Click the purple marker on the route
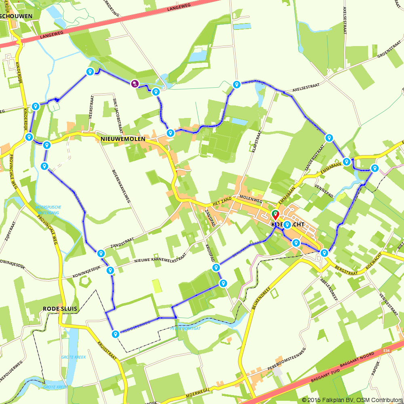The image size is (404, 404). pyautogui.click(x=135, y=84)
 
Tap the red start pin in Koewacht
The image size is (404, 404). pyautogui.click(x=275, y=215)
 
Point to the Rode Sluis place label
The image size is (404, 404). pyautogui.click(x=60, y=309)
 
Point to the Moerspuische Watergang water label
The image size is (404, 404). pyautogui.click(x=48, y=209)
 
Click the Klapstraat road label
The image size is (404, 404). pyautogui.click(x=256, y=143)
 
